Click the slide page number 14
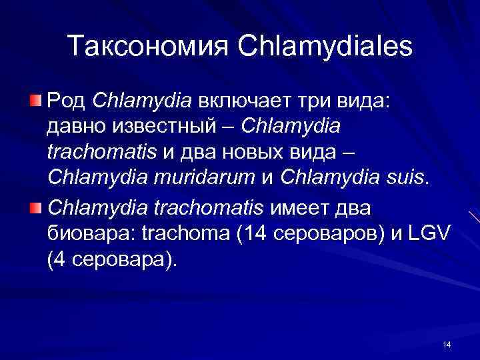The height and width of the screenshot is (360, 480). (x=446, y=344)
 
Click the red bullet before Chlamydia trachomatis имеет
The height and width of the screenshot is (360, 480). (x=38, y=208)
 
